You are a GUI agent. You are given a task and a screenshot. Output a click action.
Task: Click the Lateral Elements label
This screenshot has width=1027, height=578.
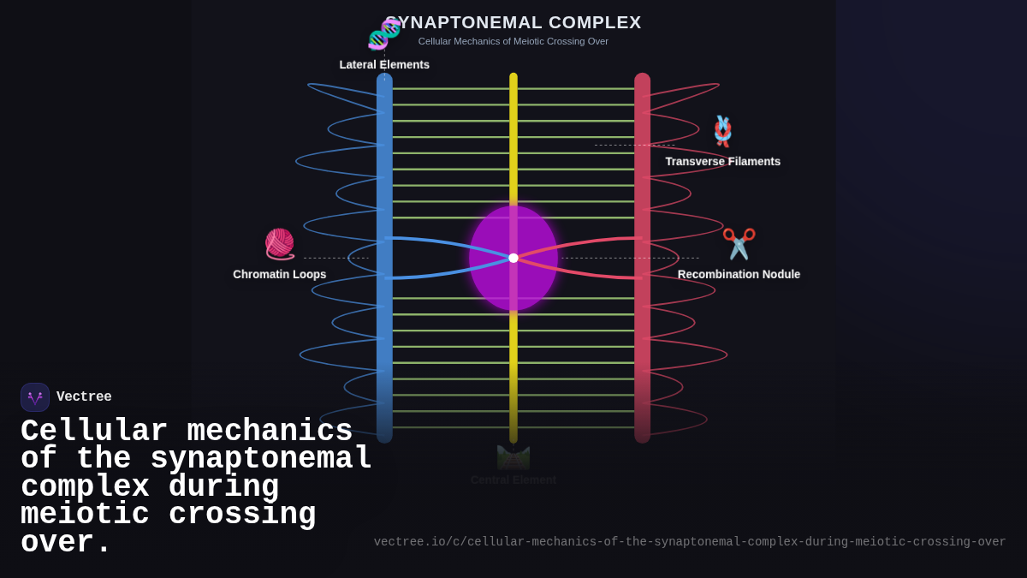tap(384, 65)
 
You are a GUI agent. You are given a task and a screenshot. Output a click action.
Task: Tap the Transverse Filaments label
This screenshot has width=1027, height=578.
tap(722, 162)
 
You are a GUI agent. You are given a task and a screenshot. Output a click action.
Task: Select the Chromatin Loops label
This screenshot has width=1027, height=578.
tap(279, 275)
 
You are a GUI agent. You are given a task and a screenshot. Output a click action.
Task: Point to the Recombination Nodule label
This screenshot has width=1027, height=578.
tap(739, 275)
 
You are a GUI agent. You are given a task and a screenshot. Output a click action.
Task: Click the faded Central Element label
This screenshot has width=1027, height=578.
tap(513, 480)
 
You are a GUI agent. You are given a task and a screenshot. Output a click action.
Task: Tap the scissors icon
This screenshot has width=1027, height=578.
tap(739, 244)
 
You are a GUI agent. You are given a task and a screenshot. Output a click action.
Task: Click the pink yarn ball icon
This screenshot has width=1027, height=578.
tap(279, 244)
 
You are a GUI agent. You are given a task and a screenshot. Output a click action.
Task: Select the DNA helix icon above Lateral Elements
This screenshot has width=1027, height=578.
tap(384, 35)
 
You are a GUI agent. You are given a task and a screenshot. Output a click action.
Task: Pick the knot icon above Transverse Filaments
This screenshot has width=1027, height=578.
tap(723, 131)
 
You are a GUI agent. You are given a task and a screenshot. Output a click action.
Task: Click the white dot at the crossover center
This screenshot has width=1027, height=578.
tap(513, 258)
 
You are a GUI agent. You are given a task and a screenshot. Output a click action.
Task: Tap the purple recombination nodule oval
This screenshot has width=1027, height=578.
tap(513, 287)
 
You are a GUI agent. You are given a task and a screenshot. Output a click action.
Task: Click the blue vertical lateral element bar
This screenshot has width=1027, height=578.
tap(384, 171)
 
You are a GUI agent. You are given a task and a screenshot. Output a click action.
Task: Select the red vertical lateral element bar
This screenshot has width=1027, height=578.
tap(642, 171)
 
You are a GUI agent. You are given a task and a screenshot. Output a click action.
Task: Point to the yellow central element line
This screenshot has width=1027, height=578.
tap(513, 137)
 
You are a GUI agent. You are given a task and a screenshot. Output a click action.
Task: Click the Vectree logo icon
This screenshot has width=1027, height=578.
tap(35, 397)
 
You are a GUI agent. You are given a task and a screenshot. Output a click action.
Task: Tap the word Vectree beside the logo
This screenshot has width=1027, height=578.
tap(84, 397)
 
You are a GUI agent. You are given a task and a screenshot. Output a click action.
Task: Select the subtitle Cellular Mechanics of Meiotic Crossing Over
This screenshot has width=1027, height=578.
tap(513, 41)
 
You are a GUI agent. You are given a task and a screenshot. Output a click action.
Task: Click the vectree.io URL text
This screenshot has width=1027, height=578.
tap(689, 542)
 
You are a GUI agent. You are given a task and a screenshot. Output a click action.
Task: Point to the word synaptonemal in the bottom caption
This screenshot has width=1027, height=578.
tap(261, 459)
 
